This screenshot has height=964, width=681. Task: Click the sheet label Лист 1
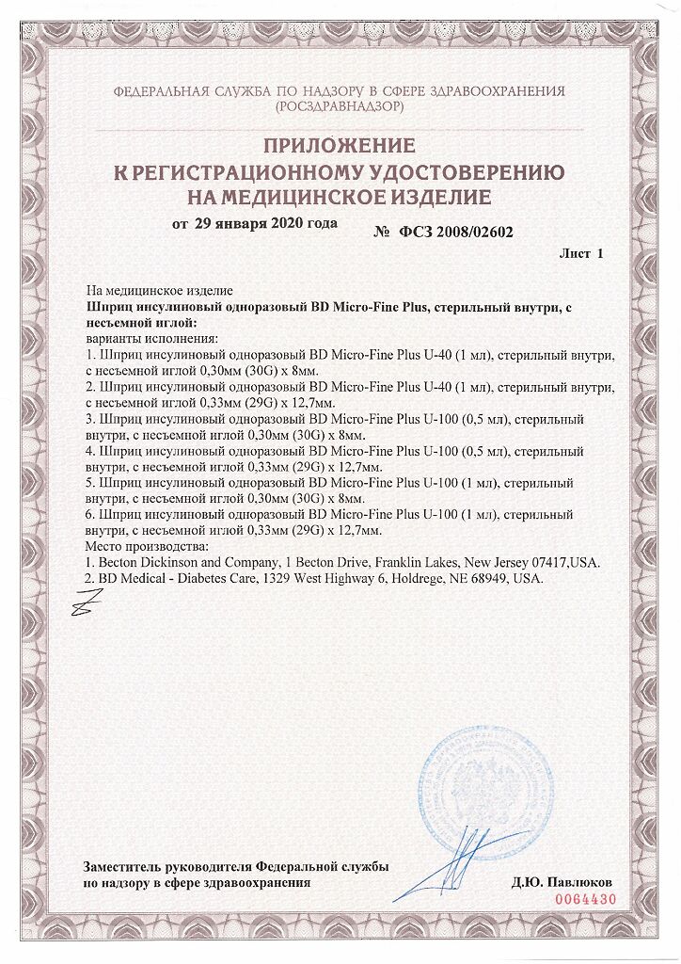[x=580, y=254]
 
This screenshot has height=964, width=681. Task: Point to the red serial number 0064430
[x=587, y=899]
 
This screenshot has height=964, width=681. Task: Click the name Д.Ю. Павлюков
[x=562, y=883]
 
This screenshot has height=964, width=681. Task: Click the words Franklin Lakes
[x=385, y=562]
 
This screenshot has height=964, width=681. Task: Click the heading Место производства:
[x=146, y=546]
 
